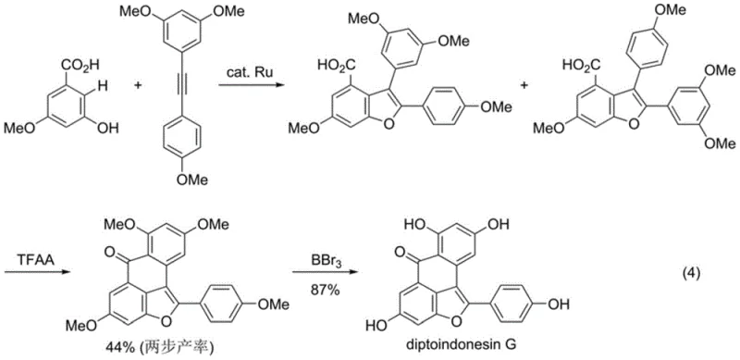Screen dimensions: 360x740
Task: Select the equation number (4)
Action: tap(687, 275)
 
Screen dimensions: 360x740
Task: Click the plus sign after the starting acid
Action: tap(141, 84)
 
